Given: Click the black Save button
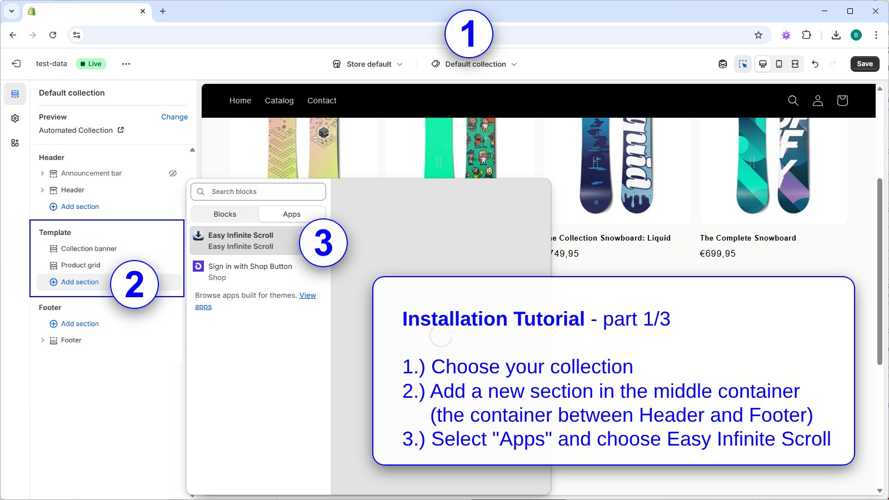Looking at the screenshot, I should [x=865, y=64].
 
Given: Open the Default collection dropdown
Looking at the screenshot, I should [x=475, y=64].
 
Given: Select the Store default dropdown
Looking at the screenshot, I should [x=368, y=64].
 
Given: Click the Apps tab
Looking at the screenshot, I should [x=292, y=214].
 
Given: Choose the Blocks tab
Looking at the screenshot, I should [x=224, y=214].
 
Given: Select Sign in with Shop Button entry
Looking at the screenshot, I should [x=250, y=272].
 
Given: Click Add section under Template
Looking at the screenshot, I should [x=79, y=282].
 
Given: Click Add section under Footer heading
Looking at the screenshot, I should [x=79, y=324].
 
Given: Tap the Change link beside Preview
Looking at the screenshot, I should [x=174, y=117].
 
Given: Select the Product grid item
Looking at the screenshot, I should [x=81, y=266].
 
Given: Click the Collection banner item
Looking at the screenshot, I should [x=89, y=249].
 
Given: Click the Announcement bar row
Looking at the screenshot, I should [x=91, y=173].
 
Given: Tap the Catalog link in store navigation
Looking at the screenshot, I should [x=279, y=101].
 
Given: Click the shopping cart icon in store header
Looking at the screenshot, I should [x=842, y=101].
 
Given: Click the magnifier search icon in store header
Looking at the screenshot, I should [x=793, y=101].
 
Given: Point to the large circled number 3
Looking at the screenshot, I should [x=323, y=243].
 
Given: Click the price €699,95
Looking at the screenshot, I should [x=717, y=254].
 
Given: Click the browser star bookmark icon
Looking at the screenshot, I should [x=758, y=35].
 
